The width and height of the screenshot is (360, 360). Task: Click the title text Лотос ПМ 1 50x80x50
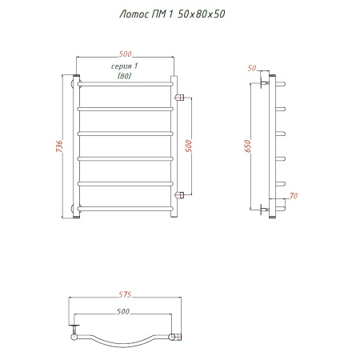tap(172, 14)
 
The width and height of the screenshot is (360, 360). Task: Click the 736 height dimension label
tap(59, 146)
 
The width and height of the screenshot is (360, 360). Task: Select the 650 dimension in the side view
tap(247, 146)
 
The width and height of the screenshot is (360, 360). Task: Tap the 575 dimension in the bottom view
tap(125, 294)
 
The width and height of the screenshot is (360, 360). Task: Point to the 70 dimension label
tap(294, 196)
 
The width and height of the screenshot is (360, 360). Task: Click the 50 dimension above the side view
tap(252, 68)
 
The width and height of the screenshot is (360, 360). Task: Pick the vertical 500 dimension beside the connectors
tap(188, 146)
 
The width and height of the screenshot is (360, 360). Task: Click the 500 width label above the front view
tap(125, 54)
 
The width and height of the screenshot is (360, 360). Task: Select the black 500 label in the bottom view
tap(123, 311)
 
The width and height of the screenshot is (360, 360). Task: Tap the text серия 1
tap(124, 66)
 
